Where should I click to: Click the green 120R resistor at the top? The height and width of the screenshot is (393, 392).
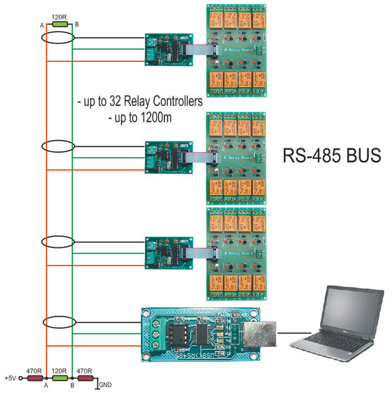pyautogui.click(x=60, y=24)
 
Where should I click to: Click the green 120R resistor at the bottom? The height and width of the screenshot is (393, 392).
pyautogui.click(x=60, y=378)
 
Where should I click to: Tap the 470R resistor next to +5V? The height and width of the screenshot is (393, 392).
pyautogui.click(x=34, y=378)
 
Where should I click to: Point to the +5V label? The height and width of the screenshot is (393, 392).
pyautogui.click(x=10, y=378)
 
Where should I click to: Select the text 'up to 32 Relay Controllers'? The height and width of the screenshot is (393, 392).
pyautogui.click(x=139, y=103)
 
